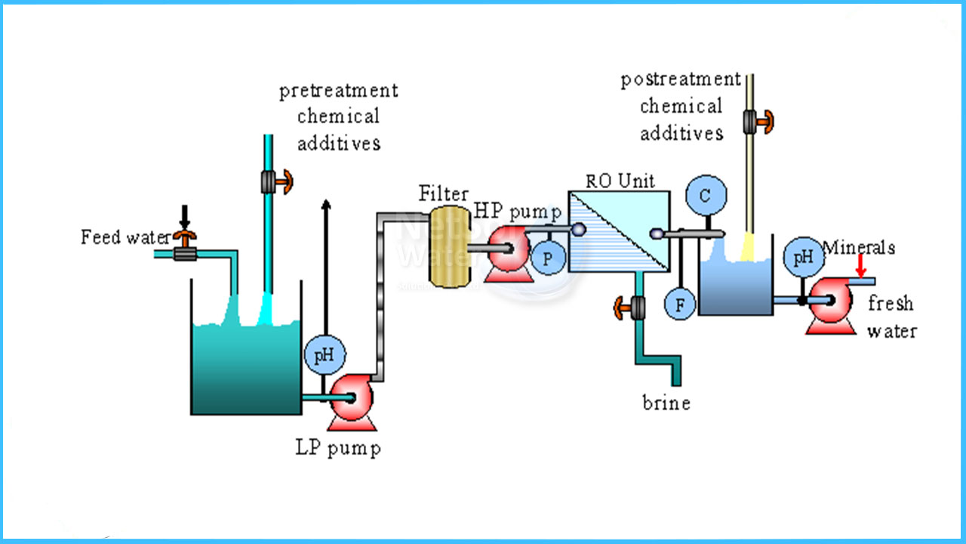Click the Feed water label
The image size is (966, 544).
(x=125, y=237)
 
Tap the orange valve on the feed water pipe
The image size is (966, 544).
(x=183, y=240)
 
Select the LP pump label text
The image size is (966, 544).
(x=337, y=447)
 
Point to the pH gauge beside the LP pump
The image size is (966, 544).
(x=324, y=354)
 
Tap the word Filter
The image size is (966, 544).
(x=444, y=194)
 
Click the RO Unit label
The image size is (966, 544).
(x=620, y=181)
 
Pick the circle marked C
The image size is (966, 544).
(x=706, y=196)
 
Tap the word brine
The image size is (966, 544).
(x=666, y=403)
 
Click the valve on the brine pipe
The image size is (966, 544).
(x=631, y=307)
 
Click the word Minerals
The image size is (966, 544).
(x=858, y=247)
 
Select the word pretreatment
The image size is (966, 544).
(x=338, y=91)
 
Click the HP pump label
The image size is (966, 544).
(x=518, y=212)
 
